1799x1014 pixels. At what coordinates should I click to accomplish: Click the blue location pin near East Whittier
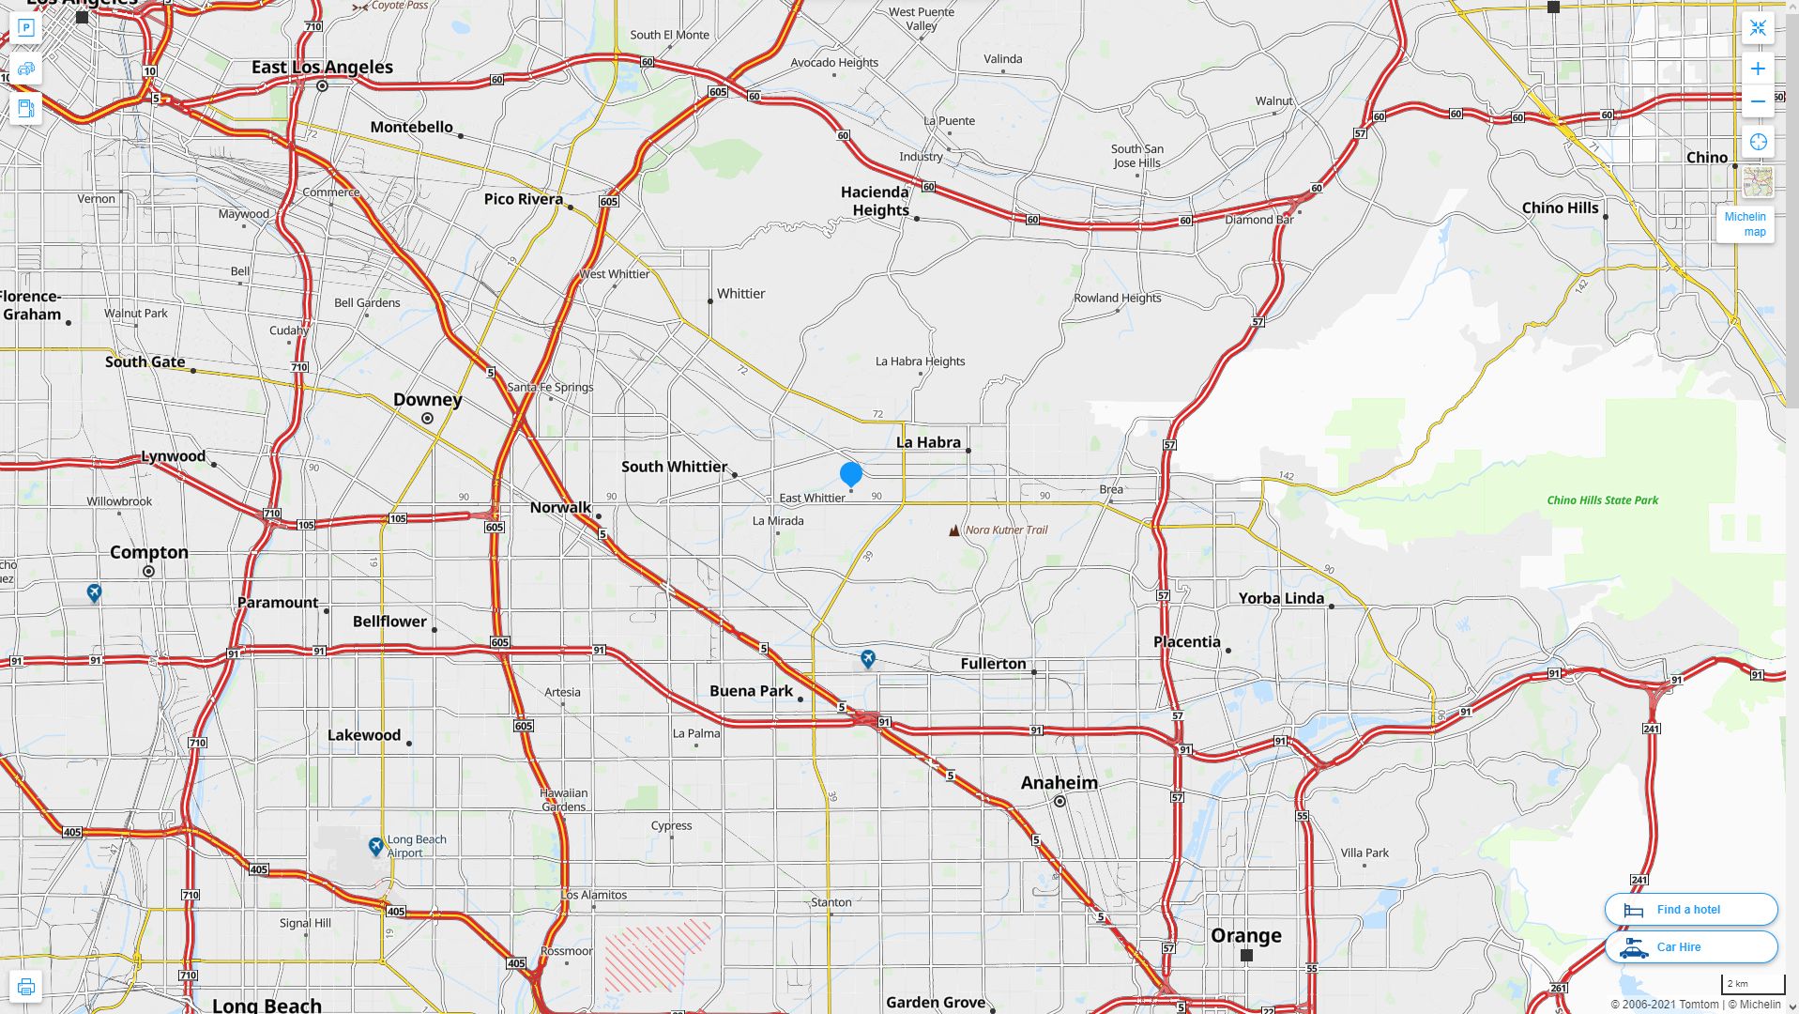click(851, 474)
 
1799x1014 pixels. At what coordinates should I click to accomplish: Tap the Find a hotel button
click(1690, 909)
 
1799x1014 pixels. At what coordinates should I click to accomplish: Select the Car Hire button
click(1690, 947)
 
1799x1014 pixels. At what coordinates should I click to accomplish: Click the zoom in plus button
click(1758, 69)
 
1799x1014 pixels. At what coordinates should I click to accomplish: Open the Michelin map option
click(1745, 223)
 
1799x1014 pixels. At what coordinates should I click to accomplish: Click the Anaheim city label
click(1059, 783)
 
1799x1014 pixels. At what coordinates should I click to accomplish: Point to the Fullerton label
click(993, 664)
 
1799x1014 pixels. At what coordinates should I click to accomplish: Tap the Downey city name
click(427, 400)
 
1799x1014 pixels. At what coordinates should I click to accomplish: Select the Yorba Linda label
click(1280, 598)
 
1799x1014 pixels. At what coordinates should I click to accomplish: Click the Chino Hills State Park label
click(1602, 500)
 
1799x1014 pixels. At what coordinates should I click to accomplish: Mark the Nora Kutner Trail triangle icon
click(953, 530)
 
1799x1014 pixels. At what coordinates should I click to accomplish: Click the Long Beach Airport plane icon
click(375, 847)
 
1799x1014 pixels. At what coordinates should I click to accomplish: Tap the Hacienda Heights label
click(875, 201)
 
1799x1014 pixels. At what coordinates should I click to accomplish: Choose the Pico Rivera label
click(523, 199)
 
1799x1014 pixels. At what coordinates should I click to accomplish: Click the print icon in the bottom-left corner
click(25, 987)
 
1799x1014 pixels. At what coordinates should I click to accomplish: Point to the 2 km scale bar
click(1753, 985)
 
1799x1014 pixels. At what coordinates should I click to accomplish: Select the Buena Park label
click(751, 691)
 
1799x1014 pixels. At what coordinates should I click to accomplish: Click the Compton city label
click(148, 552)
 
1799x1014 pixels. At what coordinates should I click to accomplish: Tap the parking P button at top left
click(25, 28)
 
